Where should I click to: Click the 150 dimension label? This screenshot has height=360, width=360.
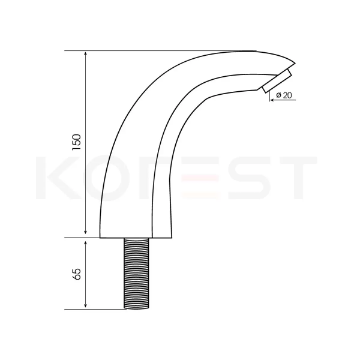click(76, 142)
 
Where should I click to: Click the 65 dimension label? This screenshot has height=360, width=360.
click(76, 274)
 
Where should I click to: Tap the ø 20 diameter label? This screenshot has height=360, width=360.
click(284, 95)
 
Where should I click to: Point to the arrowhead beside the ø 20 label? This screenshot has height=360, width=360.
click(272, 100)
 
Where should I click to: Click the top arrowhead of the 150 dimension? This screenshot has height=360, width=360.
click(86, 54)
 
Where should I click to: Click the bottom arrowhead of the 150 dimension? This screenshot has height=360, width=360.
click(86, 232)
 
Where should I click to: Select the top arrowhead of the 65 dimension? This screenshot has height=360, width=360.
click(86, 244)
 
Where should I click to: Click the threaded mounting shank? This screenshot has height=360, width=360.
click(136, 273)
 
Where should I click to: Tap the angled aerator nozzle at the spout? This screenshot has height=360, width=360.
click(277, 80)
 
